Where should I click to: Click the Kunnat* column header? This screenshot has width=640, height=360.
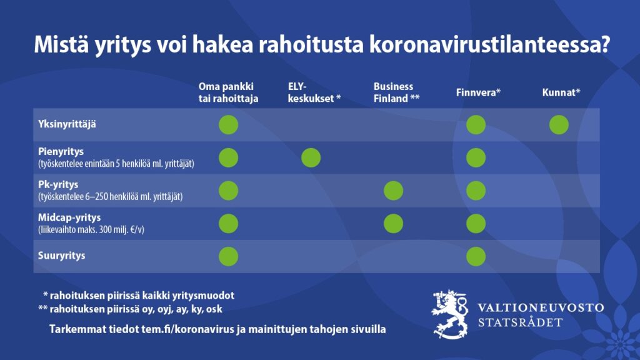coord(561,92)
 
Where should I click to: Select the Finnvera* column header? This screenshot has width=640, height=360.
coord(478,92)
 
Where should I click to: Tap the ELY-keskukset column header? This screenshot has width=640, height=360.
coord(314,92)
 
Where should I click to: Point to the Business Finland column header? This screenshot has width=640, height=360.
coord(396,92)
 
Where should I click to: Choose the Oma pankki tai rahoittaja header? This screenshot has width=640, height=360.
coord(228,92)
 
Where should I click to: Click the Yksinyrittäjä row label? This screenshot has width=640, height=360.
coord(67,124)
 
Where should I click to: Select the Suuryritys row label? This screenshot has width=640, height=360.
coord(62,256)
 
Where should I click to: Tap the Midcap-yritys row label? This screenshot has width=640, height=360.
coord(69,217)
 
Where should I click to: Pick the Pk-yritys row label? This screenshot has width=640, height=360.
coord(58,184)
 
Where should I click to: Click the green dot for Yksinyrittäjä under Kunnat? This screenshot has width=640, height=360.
coord(559,125)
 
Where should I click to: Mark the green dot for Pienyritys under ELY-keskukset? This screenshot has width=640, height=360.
coord(311,158)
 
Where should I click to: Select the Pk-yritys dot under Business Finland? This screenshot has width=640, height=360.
coord(394,191)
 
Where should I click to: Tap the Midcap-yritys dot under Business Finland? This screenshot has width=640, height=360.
coord(394,224)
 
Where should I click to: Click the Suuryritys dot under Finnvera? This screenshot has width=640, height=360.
coord(476,257)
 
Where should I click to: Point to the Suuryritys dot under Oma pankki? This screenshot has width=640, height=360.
coord(229,257)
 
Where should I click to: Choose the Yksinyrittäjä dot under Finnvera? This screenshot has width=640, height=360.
coord(476,125)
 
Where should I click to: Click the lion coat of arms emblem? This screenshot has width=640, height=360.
coord(449,314)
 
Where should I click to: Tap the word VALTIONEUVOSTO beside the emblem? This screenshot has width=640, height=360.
coord(541,307)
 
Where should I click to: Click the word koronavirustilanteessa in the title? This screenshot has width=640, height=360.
coord(489,44)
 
